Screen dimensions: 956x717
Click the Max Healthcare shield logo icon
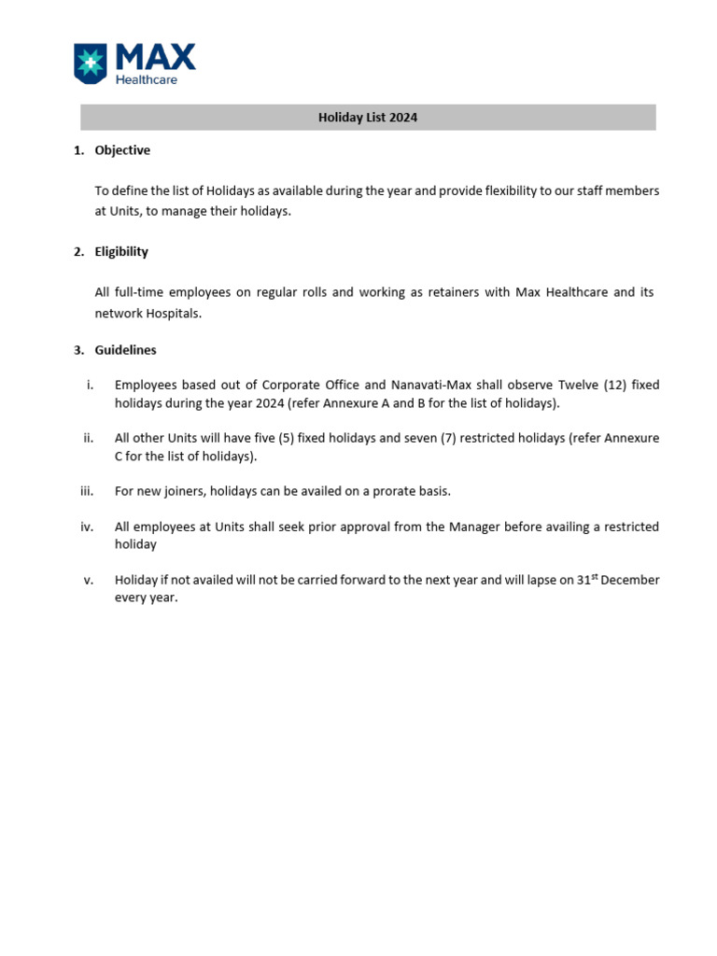[91, 63]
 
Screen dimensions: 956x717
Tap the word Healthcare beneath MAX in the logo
[146, 80]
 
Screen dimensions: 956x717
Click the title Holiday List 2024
[368, 118]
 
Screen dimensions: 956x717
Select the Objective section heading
[122, 150]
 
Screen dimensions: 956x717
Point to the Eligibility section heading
[121, 252]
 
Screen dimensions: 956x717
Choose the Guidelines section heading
[125, 350]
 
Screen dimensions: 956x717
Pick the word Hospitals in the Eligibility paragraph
[172, 314]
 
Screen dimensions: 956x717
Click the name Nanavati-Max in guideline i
[435, 386]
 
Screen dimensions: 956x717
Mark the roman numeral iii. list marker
[88, 491]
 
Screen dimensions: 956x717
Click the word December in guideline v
[630, 580]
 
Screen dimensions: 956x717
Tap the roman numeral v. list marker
[89, 580]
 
